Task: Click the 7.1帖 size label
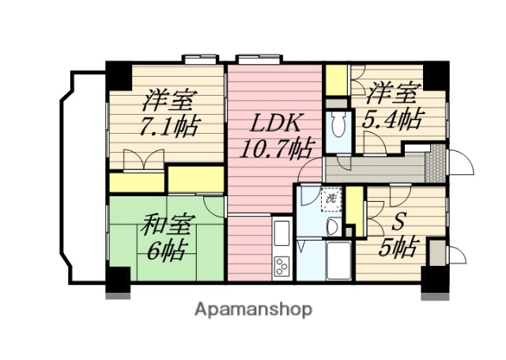point(169,126)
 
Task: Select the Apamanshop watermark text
point(253,309)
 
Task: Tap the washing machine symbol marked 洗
point(330,199)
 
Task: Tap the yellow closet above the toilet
point(336,80)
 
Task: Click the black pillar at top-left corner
point(119,76)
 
